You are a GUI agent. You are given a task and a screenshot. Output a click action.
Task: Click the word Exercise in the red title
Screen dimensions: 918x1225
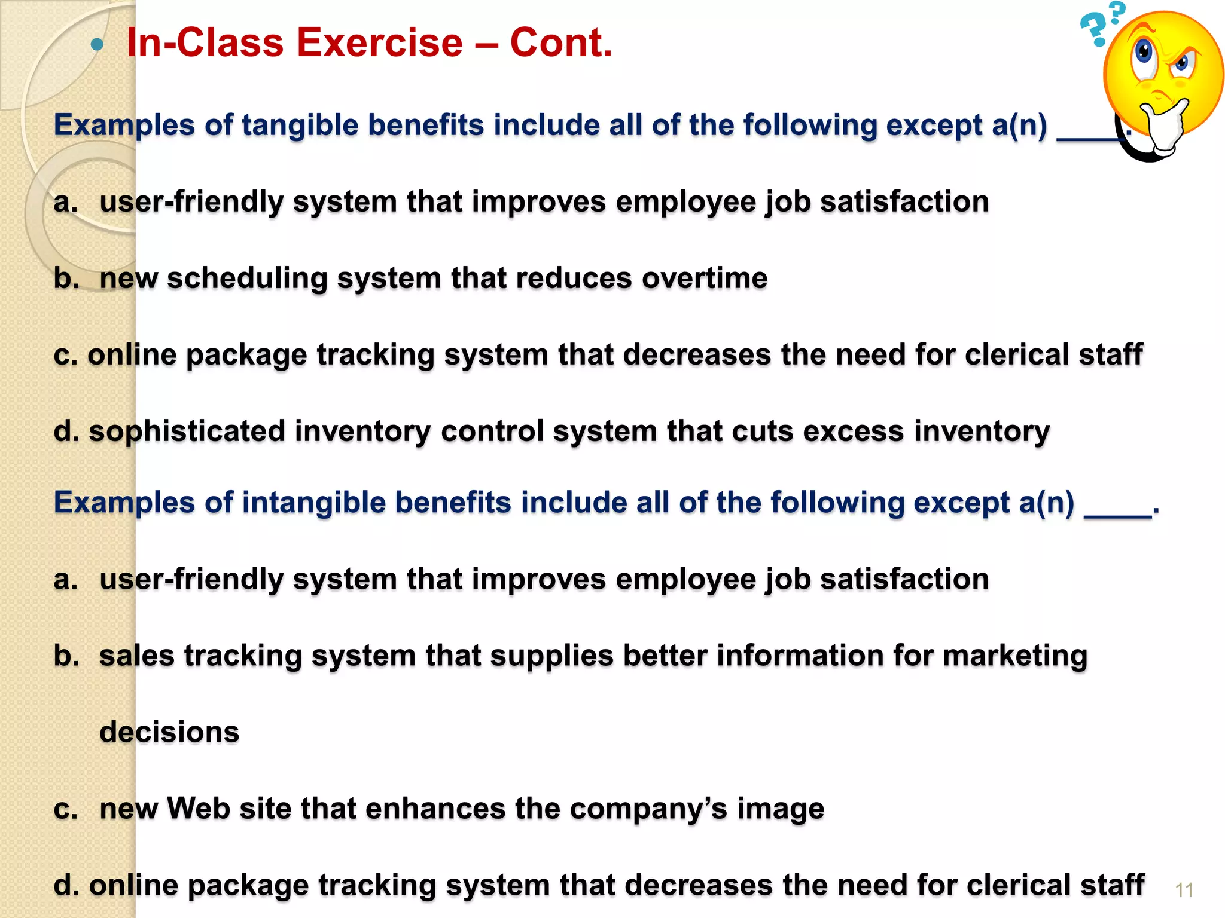(379, 43)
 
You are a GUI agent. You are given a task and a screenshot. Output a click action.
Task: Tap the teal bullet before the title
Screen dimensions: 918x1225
(97, 44)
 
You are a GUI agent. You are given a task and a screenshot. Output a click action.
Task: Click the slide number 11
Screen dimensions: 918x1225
(1184, 891)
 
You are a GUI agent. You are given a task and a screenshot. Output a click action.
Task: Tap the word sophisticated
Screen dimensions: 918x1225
(187, 432)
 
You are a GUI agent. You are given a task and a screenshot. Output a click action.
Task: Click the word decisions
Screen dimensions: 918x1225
(169, 732)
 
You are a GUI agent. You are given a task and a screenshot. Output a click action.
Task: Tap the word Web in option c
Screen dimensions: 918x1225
(198, 809)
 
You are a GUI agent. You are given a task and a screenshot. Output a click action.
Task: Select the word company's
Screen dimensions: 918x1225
(648, 810)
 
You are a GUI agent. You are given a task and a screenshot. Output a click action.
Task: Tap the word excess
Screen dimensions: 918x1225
(853, 432)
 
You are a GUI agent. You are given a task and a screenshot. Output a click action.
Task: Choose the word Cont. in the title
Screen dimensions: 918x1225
(561, 43)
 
